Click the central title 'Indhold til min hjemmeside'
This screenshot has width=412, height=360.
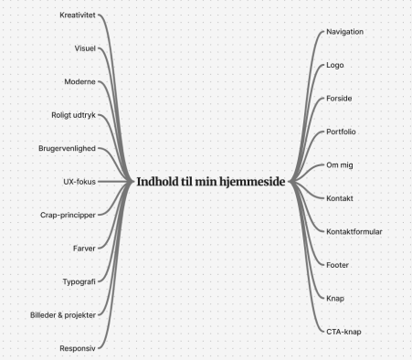tap(211, 182)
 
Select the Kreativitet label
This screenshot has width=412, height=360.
tap(78, 15)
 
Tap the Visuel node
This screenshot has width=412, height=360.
tap(85, 48)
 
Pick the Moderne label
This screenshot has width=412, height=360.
tap(79, 81)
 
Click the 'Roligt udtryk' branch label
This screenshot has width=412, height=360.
tap(73, 115)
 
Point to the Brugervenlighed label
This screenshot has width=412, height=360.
tap(67, 148)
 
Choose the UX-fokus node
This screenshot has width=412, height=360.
tap(79, 182)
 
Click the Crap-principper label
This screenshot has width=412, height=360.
tap(68, 215)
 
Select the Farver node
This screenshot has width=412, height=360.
tap(84, 249)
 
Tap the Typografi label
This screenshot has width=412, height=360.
tap(79, 281)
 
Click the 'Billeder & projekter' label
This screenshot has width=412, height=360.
tap(63, 315)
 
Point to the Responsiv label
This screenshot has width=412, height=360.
tap(78, 348)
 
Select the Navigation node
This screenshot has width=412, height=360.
tap(344, 32)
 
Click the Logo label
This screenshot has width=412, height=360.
tap(335, 65)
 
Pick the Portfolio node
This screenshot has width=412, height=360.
tap(341, 132)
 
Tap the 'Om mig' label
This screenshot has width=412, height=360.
tap(340, 165)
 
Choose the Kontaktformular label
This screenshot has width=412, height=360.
tap(354, 232)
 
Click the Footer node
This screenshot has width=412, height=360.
tap(337, 265)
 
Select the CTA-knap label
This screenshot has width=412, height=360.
tap(343, 332)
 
